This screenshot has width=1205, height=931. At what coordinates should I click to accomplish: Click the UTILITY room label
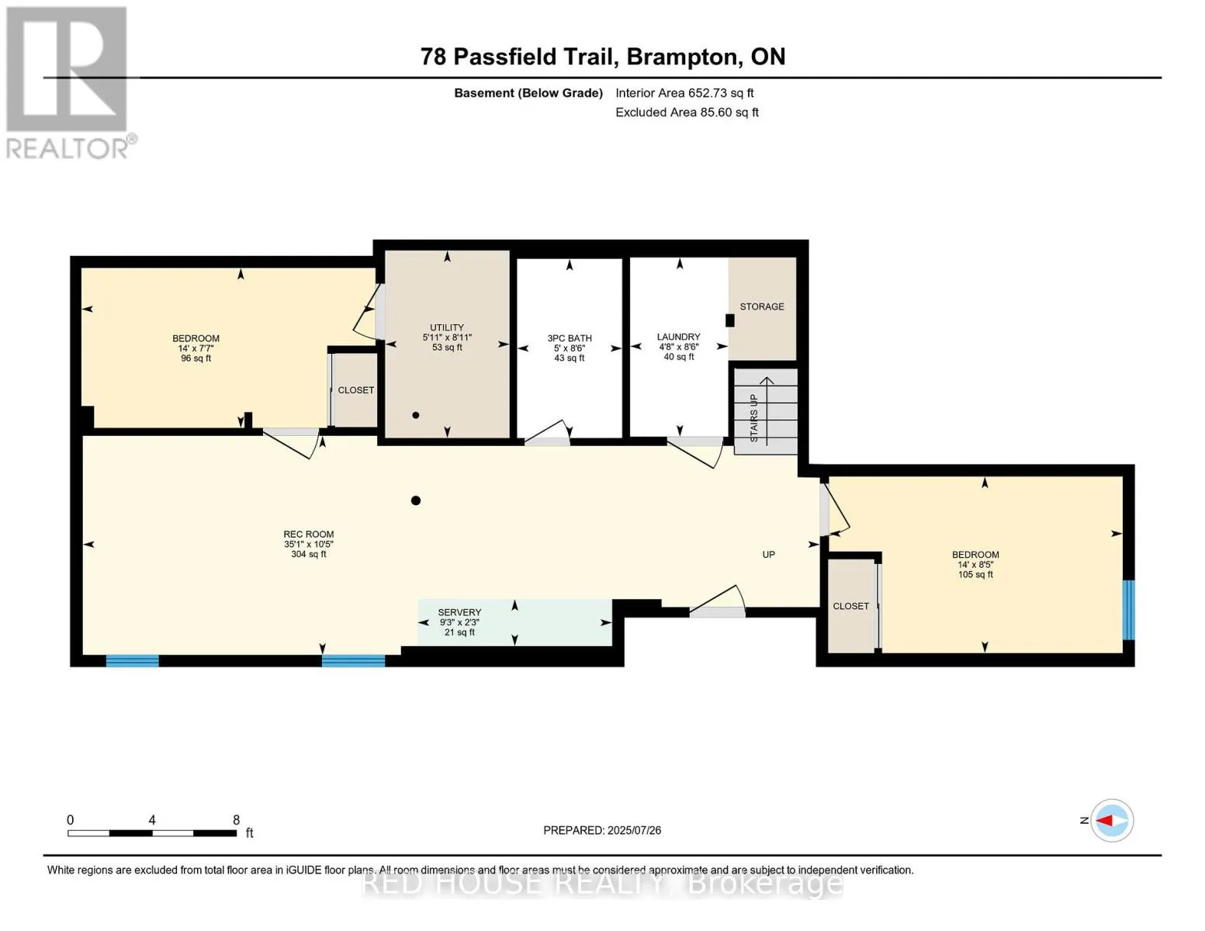[x=447, y=327]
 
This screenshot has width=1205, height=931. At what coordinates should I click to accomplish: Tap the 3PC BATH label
[x=570, y=338]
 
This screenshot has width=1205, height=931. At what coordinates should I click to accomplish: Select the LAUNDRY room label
[x=679, y=337]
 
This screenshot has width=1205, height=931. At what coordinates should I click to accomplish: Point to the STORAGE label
[x=762, y=306]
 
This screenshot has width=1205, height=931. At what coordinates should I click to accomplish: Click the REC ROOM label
[x=309, y=535]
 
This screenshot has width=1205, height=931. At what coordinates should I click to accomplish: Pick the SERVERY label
[x=459, y=612]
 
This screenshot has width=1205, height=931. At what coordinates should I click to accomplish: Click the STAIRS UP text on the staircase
[x=753, y=418]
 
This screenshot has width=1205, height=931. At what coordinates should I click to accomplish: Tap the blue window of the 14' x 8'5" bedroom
[x=1129, y=610]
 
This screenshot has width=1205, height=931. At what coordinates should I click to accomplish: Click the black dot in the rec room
[x=416, y=500]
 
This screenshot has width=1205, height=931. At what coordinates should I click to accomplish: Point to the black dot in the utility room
[x=416, y=415]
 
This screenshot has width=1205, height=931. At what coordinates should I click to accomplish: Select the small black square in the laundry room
[x=730, y=320]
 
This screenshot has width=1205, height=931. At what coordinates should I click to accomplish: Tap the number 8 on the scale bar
[x=236, y=820]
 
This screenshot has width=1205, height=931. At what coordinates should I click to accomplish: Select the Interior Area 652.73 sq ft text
[x=685, y=93]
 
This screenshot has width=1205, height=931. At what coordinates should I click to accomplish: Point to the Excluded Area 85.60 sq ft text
[x=687, y=112]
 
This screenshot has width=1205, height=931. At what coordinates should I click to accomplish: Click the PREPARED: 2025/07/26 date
[x=602, y=831]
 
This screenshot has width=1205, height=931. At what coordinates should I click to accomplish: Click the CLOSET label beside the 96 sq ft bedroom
[x=356, y=390]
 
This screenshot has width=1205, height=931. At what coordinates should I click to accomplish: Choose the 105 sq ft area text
[x=975, y=574]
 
